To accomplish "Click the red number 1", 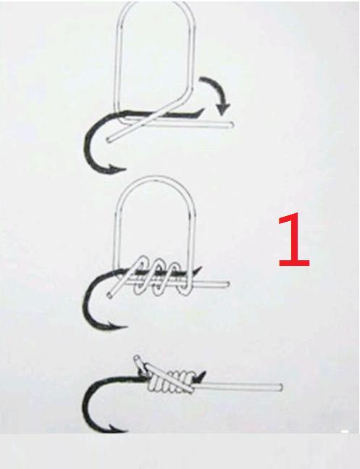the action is tap(294, 239).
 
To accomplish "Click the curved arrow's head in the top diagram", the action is tap(223, 109).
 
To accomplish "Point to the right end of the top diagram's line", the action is tap(232, 125).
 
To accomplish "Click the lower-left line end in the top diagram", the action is tap(109, 139).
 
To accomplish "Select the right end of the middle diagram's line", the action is tap(227, 284).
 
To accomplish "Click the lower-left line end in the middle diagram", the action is tap(109, 295).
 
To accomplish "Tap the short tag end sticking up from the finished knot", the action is tap(139, 361).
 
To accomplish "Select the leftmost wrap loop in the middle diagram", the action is tap(141, 275).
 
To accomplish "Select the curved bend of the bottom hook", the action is tap(88, 404).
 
